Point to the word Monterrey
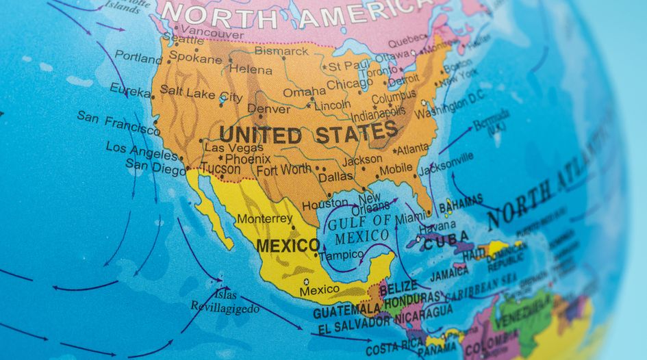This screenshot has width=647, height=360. coord(264,219)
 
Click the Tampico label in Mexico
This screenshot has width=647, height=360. coord(341,255)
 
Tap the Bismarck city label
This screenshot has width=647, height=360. coord(281,51)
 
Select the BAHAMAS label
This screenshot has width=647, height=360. coord(460,205)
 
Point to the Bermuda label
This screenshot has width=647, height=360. coord(491,121)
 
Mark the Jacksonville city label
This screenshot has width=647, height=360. coord(446,164)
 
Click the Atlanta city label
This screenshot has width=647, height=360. coord(413,149)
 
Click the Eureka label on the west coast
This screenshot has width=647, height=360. coord(130,90)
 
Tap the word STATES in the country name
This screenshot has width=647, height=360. coord(356,132)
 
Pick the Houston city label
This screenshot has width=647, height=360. coord(325,204)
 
